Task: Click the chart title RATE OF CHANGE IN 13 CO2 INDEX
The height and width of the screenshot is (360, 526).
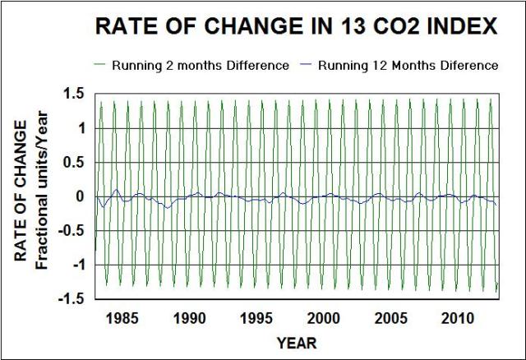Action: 297,26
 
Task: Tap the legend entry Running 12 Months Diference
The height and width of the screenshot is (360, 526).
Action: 408,65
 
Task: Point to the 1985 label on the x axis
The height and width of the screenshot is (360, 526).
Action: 122,317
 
